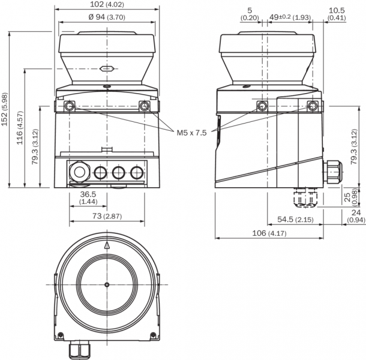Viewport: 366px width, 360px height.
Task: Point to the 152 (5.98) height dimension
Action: (5, 110)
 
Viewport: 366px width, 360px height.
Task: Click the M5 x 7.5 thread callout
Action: (191, 132)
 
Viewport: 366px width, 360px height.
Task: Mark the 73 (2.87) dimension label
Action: (107, 215)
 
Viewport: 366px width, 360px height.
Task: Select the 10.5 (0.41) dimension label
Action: (337, 14)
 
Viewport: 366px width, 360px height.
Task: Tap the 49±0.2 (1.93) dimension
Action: (289, 17)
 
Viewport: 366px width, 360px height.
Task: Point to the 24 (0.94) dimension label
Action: (355, 216)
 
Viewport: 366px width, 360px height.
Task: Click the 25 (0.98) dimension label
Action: (356, 196)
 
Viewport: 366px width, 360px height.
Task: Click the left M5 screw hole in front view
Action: (70, 106)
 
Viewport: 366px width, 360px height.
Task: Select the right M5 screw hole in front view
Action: (144, 106)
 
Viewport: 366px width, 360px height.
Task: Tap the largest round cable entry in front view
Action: (78, 173)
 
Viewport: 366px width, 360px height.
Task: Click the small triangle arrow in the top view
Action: (107, 245)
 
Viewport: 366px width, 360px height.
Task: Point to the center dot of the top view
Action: (106, 284)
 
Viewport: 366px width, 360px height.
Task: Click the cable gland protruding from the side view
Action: (332, 173)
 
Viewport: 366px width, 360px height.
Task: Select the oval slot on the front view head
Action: (106, 69)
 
